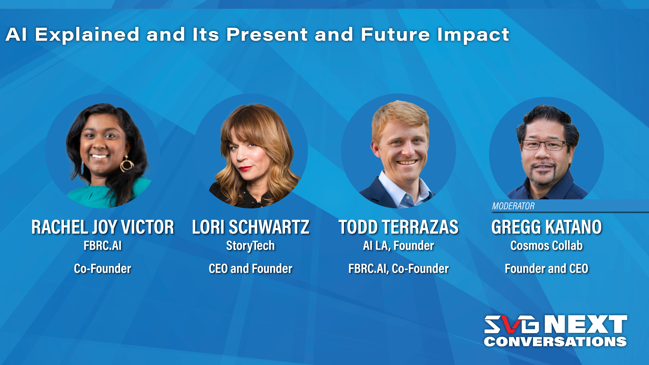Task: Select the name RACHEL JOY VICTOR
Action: (x=103, y=227)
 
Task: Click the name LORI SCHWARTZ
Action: (x=251, y=227)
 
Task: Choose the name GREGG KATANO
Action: (x=546, y=227)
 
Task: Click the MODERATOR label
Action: (x=513, y=206)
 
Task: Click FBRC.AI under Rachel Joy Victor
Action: (x=103, y=246)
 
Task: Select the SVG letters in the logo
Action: (x=511, y=324)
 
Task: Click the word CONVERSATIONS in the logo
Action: (x=555, y=342)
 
